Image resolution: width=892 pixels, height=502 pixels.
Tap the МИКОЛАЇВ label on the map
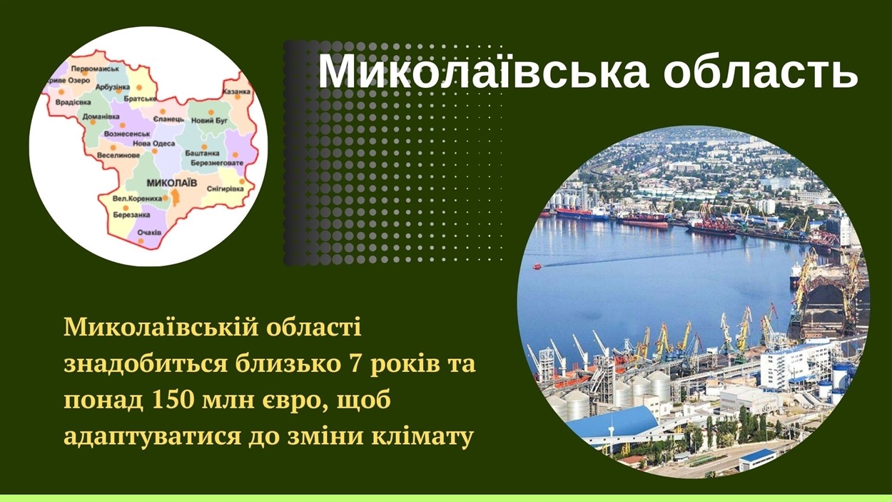172,183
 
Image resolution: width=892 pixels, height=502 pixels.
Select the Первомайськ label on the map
95,69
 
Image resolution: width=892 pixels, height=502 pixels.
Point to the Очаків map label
149,232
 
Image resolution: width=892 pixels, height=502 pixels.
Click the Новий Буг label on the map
210,120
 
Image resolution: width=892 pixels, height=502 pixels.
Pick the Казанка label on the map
236,91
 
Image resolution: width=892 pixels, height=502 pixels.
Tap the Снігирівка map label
225,189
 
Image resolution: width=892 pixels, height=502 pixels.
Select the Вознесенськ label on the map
127,134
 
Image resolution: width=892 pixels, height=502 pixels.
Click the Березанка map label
131,215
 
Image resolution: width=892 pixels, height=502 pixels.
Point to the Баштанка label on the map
202,153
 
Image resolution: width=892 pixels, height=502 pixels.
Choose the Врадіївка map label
73,102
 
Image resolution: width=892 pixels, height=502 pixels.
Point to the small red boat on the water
537,266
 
